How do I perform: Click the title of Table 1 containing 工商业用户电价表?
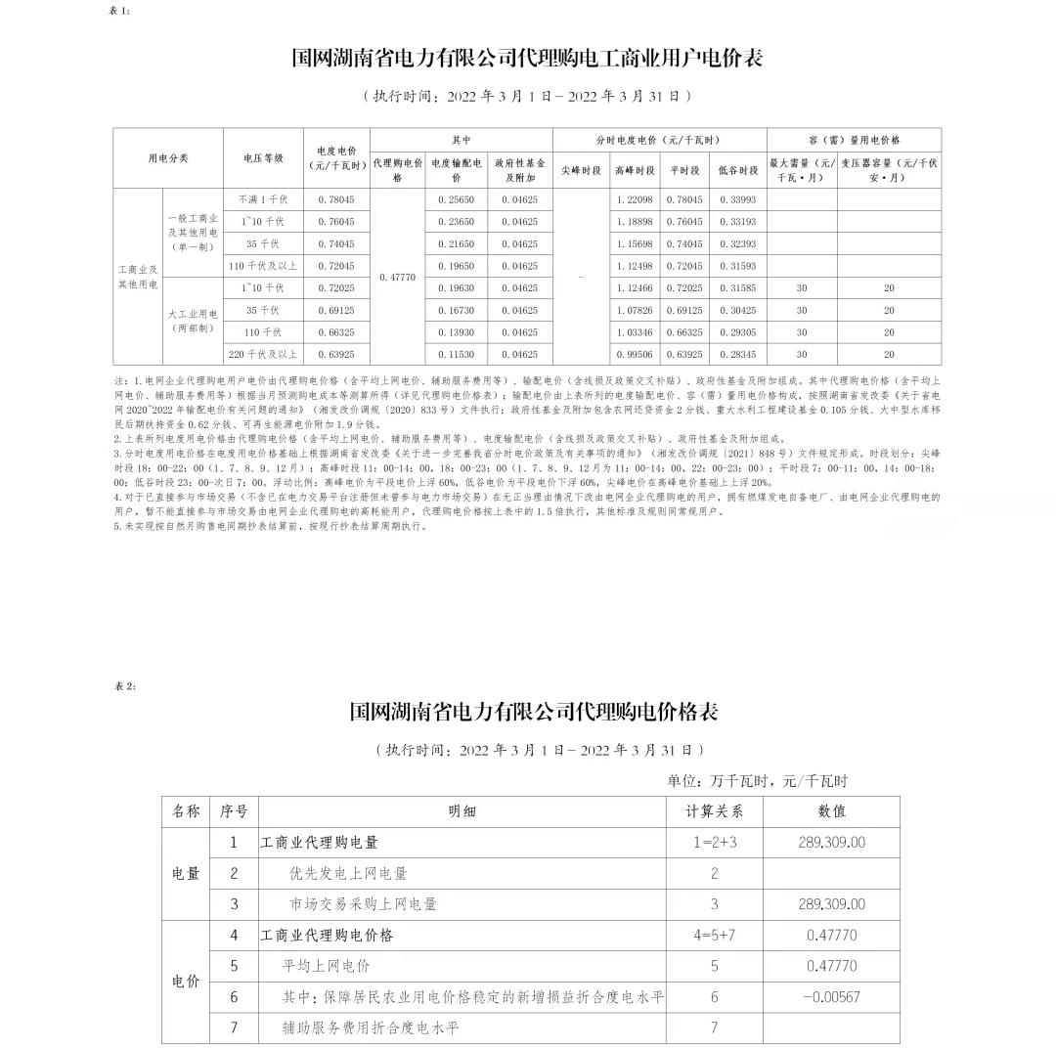coord(527,58)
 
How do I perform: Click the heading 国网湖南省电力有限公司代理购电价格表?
coord(534,712)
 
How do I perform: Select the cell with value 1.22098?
coord(635,199)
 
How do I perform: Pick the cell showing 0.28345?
coord(737,354)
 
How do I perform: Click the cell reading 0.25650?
coord(460,199)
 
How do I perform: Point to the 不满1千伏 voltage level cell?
coord(263,199)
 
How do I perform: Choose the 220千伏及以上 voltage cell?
coord(263,354)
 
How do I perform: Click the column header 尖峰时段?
coord(582,170)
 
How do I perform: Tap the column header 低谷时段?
coord(737,170)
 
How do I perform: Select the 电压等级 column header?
coord(263,157)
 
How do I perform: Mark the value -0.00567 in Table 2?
coord(831,996)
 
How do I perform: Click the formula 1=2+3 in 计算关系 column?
coord(714,842)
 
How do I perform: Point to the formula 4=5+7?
coord(714,935)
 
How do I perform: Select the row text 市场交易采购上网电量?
coord(363,904)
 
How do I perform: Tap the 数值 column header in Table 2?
coord(832,810)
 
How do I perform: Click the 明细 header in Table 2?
coord(462,810)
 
